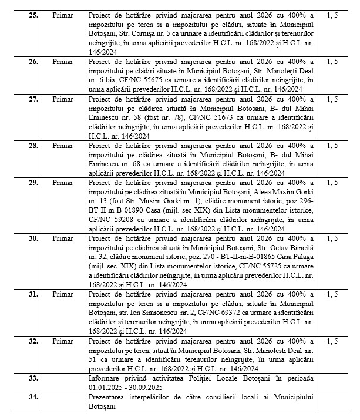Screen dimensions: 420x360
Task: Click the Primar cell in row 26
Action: (62, 61)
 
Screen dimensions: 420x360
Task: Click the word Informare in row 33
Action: (105, 377)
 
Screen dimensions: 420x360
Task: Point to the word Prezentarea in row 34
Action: (109, 397)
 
